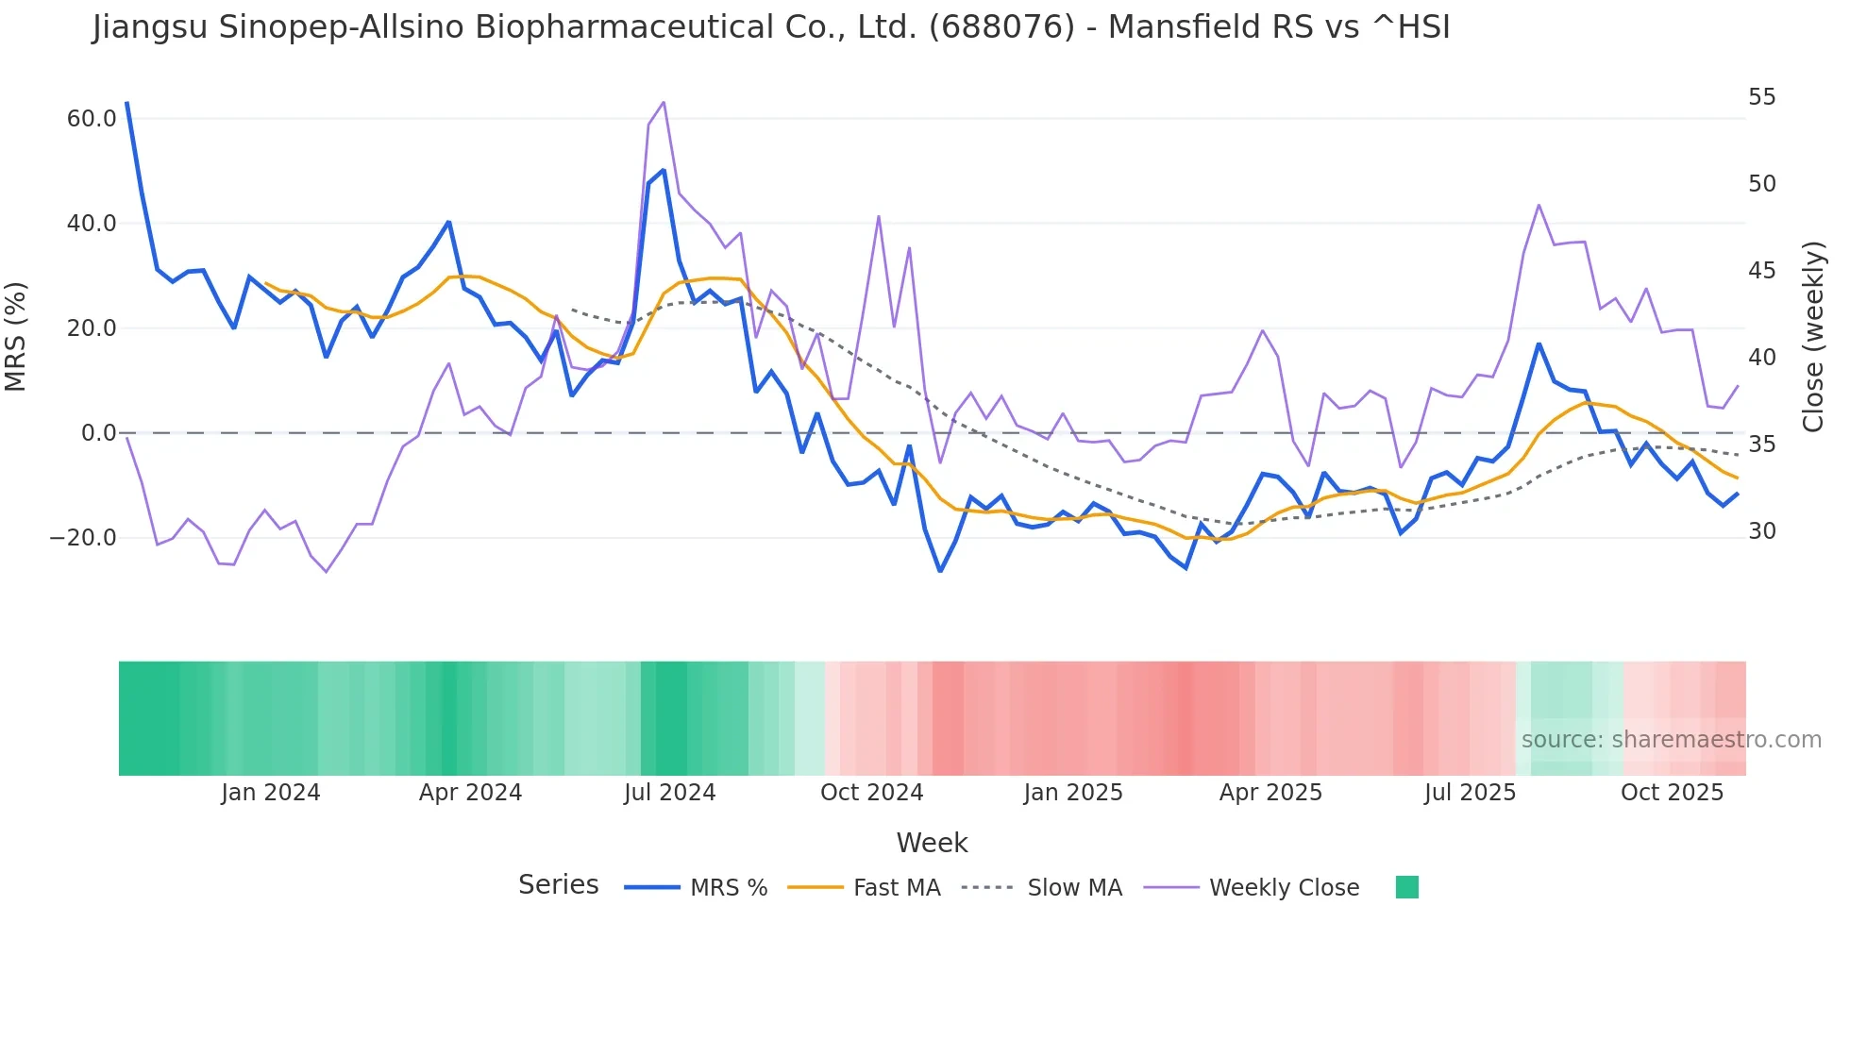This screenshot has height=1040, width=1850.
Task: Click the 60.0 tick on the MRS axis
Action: [x=92, y=119]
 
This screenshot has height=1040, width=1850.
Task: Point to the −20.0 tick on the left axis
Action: [x=83, y=538]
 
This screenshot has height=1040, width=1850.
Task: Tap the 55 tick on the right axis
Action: [x=1761, y=97]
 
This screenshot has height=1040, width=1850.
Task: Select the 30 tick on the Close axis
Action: [x=1761, y=531]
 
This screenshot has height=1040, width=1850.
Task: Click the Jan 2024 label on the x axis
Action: [x=271, y=793]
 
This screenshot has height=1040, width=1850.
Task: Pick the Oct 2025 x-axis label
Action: [x=1672, y=793]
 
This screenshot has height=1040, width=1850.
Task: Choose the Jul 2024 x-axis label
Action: [x=669, y=793]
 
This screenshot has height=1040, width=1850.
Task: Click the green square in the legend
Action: [x=1406, y=887]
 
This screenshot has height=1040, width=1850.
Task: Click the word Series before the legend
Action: [x=558, y=885]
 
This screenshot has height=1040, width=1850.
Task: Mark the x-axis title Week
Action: [x=932, y=843]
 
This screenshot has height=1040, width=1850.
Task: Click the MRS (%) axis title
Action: [x=16, y=337]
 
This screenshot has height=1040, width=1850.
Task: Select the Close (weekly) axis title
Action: [x=1813, y=337]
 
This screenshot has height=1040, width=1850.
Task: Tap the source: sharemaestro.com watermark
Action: [x=1671, y=740]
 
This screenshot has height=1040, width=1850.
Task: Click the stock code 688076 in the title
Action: [x=1001, y=27]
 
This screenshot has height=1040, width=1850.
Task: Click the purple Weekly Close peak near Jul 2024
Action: [x=664, y=102]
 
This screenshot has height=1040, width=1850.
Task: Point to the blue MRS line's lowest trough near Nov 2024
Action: [x=940, y=571]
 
